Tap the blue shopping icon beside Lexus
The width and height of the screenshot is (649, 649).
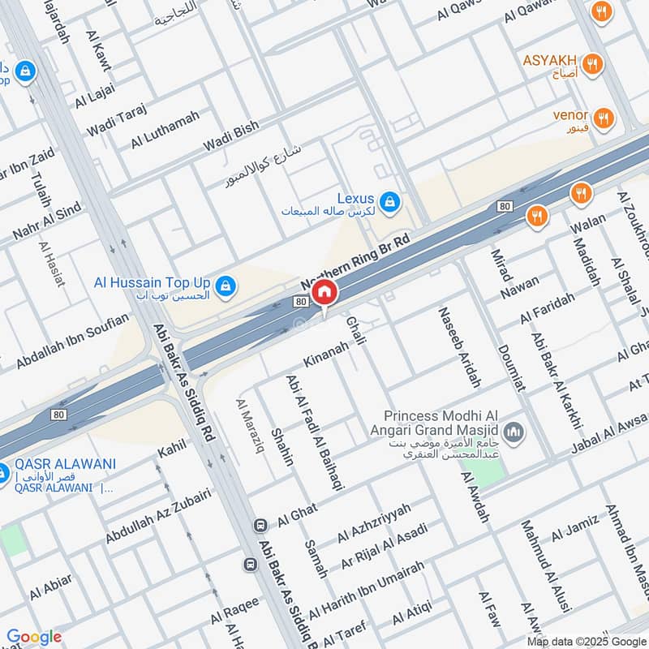click(x=389, y=200)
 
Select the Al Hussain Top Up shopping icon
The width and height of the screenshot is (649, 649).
click(x=226, y=285)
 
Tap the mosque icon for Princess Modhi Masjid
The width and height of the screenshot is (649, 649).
click(x=512, y=429)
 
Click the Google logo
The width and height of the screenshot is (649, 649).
click(x=33, y=637)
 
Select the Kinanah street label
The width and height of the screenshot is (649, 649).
click(x=325, y=352)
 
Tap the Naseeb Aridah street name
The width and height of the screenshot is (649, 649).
click(x=459, y=346)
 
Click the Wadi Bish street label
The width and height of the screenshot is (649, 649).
click(x=230, y=135)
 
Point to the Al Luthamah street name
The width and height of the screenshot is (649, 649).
click(x=164, y=129)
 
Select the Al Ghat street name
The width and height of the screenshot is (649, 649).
click(x=298, y=512)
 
